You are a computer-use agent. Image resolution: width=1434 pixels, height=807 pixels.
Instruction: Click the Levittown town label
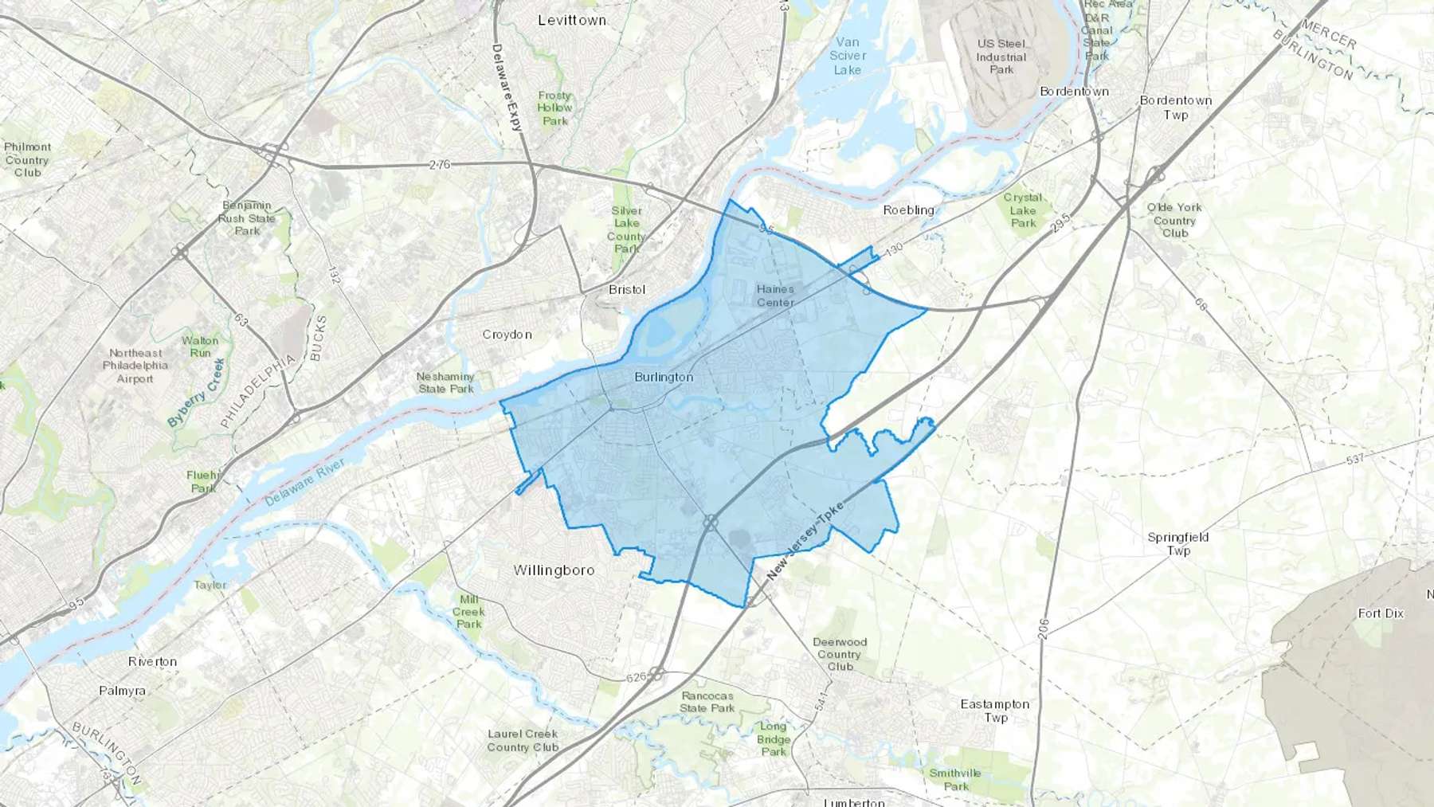tap(571, 20)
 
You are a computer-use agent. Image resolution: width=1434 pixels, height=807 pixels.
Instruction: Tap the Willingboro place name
tap(554, 570)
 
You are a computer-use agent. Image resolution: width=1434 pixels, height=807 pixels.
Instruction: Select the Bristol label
tap(627, 289)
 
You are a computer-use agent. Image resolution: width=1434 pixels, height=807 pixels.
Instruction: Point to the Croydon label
tap(507, 335)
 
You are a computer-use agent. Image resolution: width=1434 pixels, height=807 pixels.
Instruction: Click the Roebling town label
tap(908, 210)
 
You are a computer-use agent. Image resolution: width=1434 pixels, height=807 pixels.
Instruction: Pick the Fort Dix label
tap(1381, 613)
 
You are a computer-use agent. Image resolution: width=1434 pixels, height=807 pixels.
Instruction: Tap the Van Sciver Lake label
tap(848, 56)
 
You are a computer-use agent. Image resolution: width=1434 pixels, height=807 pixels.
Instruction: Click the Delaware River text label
tap(305, 483)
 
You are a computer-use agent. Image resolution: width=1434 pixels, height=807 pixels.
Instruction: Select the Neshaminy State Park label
tap(445, 382)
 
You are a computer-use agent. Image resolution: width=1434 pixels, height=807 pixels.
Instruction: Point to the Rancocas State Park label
tap(707, 702)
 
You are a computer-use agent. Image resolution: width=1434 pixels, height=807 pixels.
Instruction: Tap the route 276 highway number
tap(439, 165)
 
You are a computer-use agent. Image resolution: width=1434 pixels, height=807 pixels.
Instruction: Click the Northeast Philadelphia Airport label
tap(135, 366)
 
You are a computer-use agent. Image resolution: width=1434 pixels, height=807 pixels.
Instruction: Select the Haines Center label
tap(775, 296)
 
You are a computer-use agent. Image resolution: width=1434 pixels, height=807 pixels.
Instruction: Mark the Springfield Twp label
tap(1177, 543)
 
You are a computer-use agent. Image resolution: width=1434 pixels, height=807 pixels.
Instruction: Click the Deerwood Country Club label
tap(840, 654)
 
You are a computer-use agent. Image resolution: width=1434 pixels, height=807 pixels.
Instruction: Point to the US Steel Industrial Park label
tap(1001, 57)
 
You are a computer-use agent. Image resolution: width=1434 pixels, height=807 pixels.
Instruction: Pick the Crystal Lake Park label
tap(1023, 210)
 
